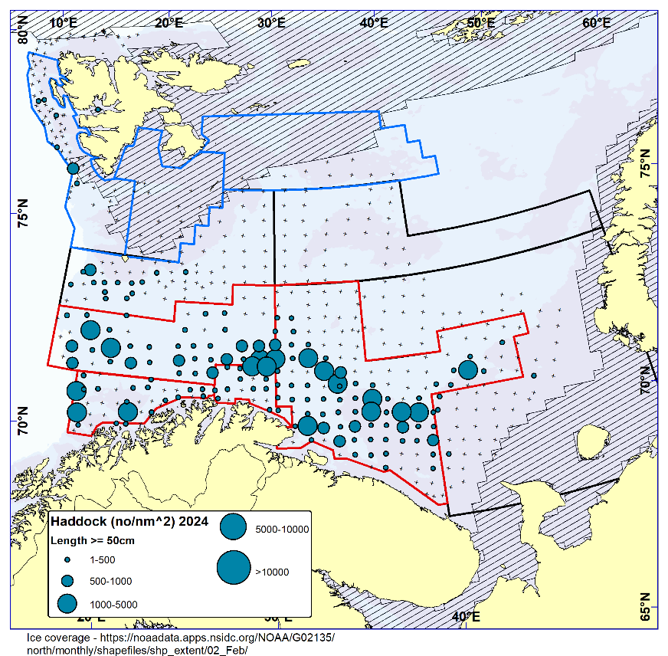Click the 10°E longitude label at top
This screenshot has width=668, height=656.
63,22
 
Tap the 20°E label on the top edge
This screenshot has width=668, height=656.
168,22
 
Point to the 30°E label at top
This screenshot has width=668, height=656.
272,22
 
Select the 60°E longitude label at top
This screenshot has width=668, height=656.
597,22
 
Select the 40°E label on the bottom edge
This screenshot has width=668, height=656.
465,617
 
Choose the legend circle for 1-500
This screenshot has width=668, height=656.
67,560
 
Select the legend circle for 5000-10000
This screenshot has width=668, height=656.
233,526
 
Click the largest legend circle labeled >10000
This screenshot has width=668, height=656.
233,568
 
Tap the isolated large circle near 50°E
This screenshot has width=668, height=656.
468,369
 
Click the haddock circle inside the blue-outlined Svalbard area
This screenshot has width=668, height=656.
73,168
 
